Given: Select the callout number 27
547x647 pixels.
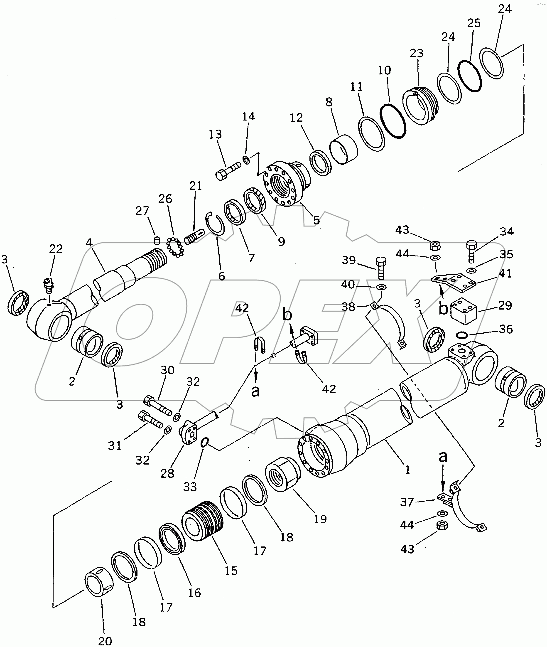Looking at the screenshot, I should pyautogui.click(x=142, y=211).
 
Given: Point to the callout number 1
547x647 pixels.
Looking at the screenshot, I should pyautogui.click(x=407, y=470).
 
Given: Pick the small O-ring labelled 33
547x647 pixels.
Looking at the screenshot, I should pyautogui.click(x=204, y=443).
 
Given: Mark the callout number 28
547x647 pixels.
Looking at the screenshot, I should pyautogui.click(x=167, y=474).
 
